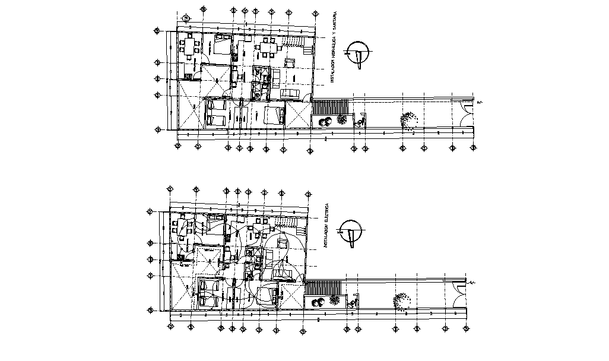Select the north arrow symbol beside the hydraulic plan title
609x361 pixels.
coord(359,53)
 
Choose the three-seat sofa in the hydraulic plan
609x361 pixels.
coord(290,93)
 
